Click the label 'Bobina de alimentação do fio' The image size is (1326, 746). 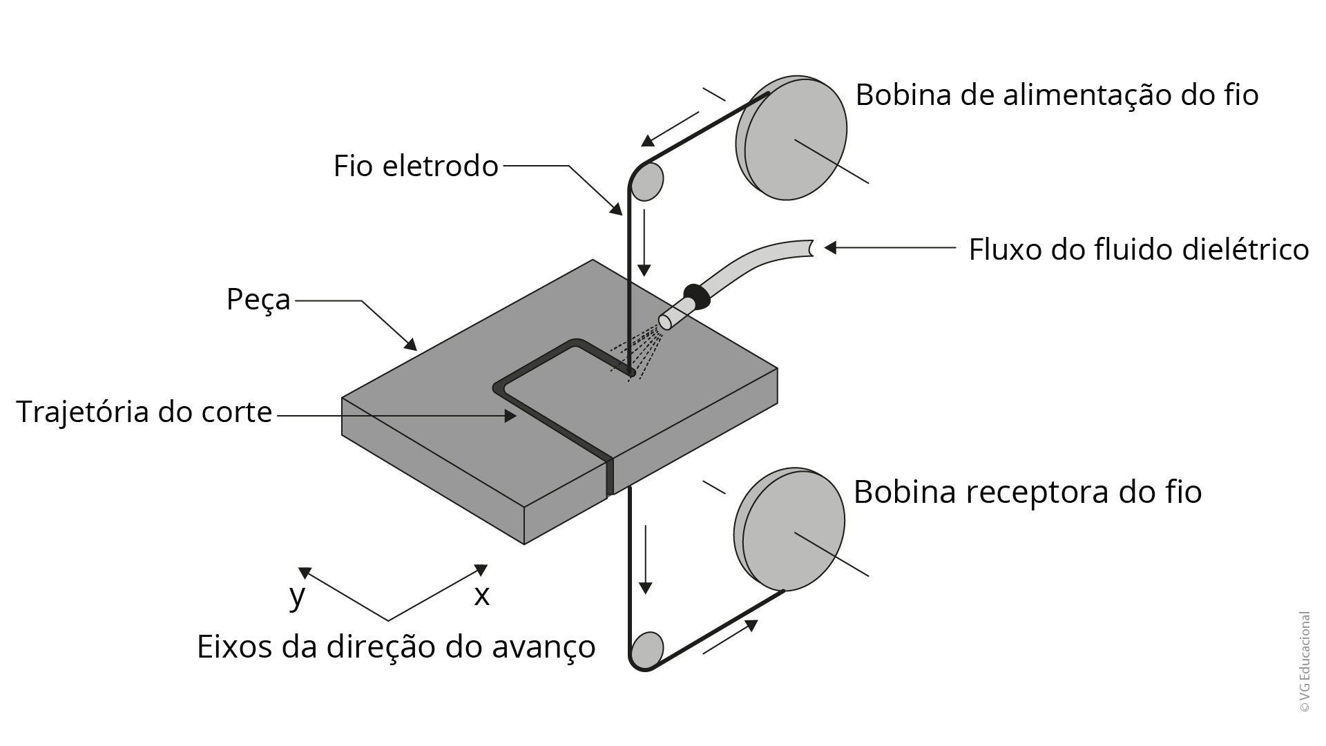click(1057, 95)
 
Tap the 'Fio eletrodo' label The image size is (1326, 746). click(416, 166)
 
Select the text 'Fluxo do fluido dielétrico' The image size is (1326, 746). click(1139, 249)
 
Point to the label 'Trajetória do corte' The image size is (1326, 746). click(144, 412)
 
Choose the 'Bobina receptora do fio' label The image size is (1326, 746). click(1028, 492)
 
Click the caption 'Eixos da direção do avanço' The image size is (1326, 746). click(396, 647)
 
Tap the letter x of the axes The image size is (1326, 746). click(481, 595)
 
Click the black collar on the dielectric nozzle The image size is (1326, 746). click(697, 296)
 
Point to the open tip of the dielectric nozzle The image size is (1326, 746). click(666, 322)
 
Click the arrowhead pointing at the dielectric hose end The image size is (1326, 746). click(830, 247)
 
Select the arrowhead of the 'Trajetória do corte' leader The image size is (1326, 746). click(510, 416)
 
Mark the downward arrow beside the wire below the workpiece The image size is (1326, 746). click(646, 559)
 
